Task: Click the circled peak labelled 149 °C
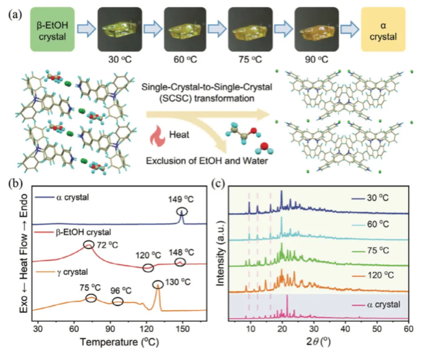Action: pos(182,212)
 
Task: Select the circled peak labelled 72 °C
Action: pos(89,245)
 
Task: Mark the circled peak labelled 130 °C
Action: pos(157,286)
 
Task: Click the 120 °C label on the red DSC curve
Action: pos(146,255)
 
